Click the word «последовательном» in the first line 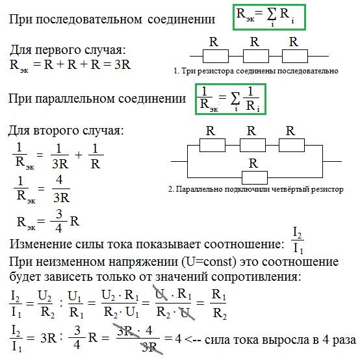coord(88,19)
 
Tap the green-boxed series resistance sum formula coord(269,18)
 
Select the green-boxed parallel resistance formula coord(231,99)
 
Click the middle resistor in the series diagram coord(256,56)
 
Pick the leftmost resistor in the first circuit coord(216,56)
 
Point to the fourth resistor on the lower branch coord(255,177)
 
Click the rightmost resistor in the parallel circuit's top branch coord(292,145)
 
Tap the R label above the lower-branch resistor coord(253,164)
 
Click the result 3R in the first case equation coord(123,64)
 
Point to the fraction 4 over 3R coord(61,189)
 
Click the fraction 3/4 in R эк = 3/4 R coord(59,221)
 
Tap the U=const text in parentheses coord(209,262)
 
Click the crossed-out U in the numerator coord(160,294)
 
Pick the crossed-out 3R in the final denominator coord(151,347)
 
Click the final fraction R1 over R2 coord(219,304)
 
